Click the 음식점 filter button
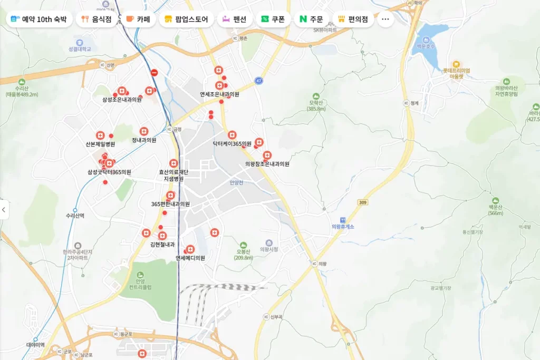point(97,20)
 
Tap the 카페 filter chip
point(138,20)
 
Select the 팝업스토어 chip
point(186,20)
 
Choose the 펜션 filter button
point(235,20)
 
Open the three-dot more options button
point(385,20)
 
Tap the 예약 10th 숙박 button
point(39,20)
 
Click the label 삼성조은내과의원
point(122,99)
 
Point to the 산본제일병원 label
point(100,144)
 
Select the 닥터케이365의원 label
point(232,143)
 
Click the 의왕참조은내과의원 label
point(267,164)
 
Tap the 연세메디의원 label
point(190,258)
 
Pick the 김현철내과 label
point(162,245)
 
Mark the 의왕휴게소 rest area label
point(343,227)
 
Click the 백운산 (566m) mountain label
point(496,210)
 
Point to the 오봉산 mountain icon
point(243,245)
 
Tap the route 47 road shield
point(258,81)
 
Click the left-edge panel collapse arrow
point(4,210)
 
